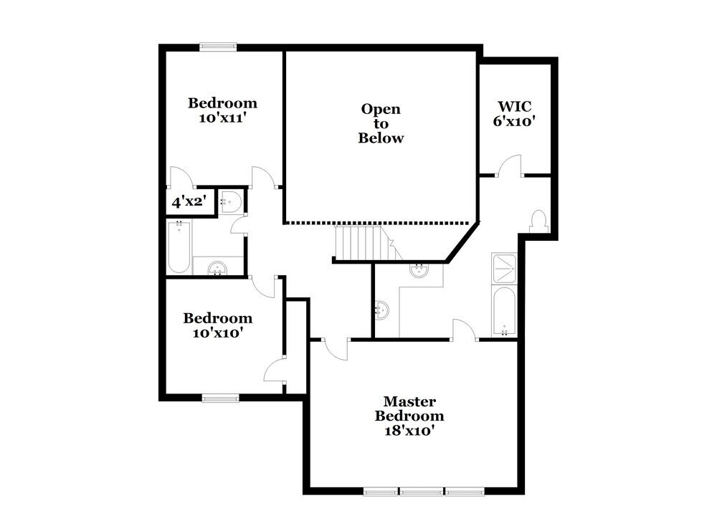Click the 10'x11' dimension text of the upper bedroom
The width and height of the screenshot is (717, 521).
point(222,118)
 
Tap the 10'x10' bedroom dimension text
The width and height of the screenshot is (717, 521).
point(217,333)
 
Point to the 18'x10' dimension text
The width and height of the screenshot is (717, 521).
point(409,431)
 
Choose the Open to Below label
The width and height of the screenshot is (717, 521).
point(381,123)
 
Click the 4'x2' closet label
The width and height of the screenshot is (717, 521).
point(189,203)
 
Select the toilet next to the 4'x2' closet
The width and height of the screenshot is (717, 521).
point(229,201)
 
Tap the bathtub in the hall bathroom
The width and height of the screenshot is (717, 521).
point(179,247)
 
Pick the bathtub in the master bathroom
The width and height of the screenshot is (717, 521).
point(505,311)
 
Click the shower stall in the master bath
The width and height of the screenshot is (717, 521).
point(505,268)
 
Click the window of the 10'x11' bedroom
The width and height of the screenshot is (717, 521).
point(218,47)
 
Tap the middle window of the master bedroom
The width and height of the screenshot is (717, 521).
point(421,492)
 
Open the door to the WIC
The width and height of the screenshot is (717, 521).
point(510,167)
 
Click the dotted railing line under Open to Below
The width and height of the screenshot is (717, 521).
point(380,223)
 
